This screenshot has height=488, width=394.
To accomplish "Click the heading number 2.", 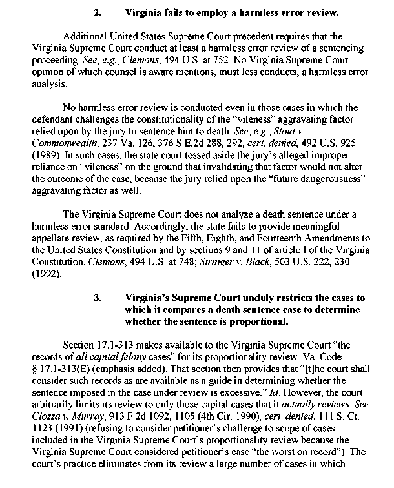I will click(x=98, y=12).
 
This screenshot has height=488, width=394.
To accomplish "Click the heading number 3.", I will click(x=98, y=298).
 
